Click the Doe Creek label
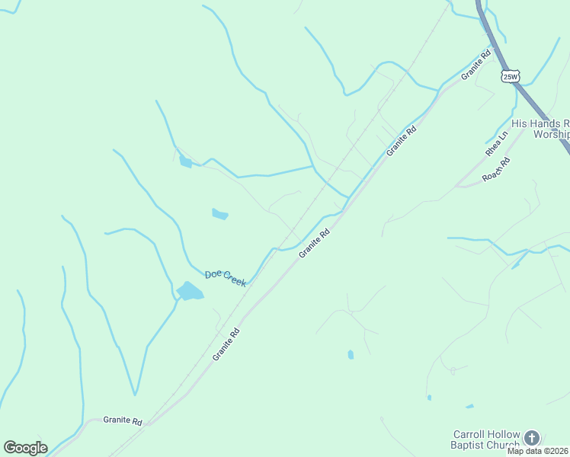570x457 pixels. tap(226, 278)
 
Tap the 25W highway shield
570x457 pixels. tap(511, 76)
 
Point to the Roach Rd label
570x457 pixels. tap(495, 169)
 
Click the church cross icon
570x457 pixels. tap(532, 438)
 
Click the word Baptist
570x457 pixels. tap(471, 444)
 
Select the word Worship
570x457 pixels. tap(551, 134)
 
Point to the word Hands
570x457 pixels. tap(543, 123)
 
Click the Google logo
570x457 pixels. tap(25, 448)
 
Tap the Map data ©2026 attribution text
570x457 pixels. tap(538, 451)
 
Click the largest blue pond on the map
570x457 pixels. tap(190, 291)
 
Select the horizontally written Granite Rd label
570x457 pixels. tap(123, 420)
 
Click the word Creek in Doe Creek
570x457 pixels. tap(235, 280)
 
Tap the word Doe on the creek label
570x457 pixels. tap(213, 273)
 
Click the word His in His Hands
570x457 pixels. tap(520, 123)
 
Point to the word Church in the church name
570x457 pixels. tap(504, 444)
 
